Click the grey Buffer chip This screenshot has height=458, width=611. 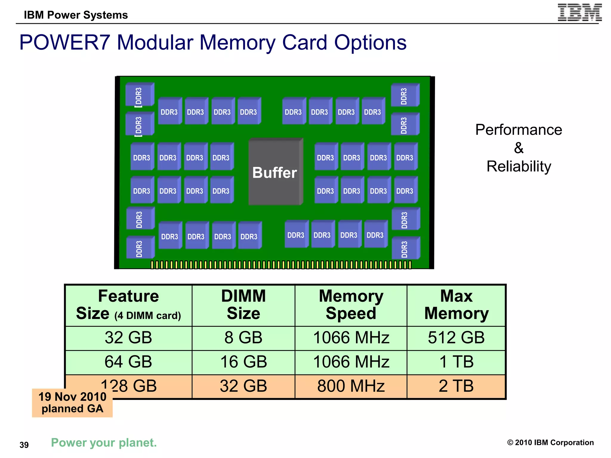pyautogui.click(x=275, y=172)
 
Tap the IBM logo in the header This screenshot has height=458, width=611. pyautogui.click(x=579, y=13)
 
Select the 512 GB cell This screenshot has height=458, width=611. pyautogui.click(x=456, y=338)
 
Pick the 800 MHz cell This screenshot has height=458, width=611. pyautogui.click(x=351, y=386)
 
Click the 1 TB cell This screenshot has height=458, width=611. pyautogui.click(x=456, y=362)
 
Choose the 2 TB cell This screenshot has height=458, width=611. pyautogui.click(x=456, y=386)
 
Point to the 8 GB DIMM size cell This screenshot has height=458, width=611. pyautogui.click(x=243, y=338)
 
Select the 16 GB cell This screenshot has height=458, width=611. pyautogui.click(x=243, y=362)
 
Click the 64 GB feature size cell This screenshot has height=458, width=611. pyautogui.click(x=128, y=362)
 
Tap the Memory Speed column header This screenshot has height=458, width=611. pyautogui.click(x=351, y=305)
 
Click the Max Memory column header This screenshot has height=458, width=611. pyautogui.click(x=456, y=305)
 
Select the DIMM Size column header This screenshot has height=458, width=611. pyautogui.click(x=243, y=305)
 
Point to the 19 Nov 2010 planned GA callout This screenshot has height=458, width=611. pyautogui.click(x=72, y=403)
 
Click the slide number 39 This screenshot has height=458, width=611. pyautogui.click(x=24, y=445)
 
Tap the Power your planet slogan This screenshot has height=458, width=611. pyautogui.click(x=104, y=443)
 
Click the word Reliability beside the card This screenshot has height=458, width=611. pyautogui.click(x=519, y=166)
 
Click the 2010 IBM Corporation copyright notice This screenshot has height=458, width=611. pyautogui.click(x=550, y=442)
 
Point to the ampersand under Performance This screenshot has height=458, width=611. pyautogui.click(x=519, y=148)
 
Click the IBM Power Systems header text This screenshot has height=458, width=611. pyautogui.click(x=76, y=15)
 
